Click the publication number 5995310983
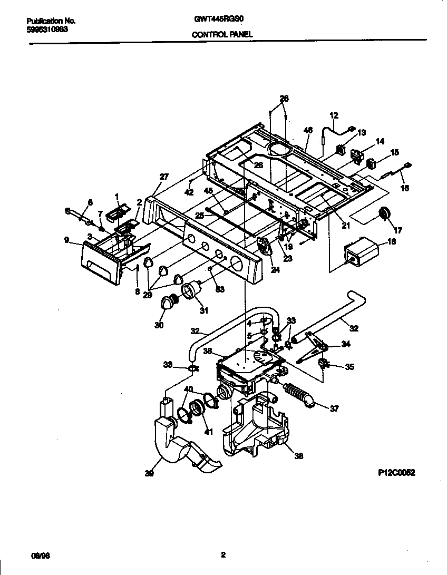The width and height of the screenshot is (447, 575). click(x=46, y=30)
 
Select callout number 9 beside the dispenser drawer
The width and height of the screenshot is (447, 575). click(x=66, y=240)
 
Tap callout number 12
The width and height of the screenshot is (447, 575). click(x=334, y=115)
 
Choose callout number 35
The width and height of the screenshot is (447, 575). click(x=349, y=367)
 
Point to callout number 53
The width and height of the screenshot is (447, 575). click(x=219, y=289)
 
